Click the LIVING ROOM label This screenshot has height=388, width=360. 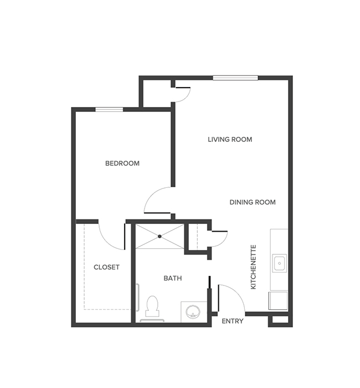tap(230, 139)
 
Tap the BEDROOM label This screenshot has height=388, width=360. tap(122, 164)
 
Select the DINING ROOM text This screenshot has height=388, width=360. tap(253, 202)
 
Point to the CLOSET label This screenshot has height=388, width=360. tap(106, 267)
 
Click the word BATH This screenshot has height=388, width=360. tap(173, 278)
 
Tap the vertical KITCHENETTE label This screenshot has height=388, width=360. tap(254, 267)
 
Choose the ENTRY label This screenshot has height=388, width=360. tap(233, 321)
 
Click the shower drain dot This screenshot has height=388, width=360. tap(160, 236)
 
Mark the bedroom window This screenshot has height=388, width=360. tap(109, 109)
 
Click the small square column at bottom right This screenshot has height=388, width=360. tap(279, 321)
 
